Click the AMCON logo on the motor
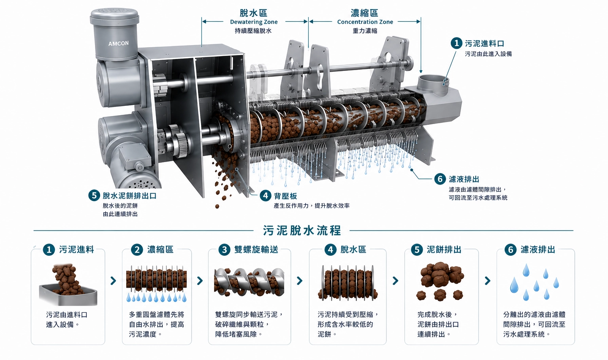[118, 44]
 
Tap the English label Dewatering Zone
[254, 22]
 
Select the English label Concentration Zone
[365, 22]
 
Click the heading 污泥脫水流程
[302, 230]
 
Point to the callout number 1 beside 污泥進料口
[456, 43]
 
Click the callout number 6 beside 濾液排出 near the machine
[440, 179]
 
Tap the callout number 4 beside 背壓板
[266, 196]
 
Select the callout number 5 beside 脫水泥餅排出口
[94, 196]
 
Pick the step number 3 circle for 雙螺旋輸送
[224, 250]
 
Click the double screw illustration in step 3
[249, 282]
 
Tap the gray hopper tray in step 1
[68, 295]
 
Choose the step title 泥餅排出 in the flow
[444, 250]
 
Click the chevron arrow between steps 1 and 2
[114, 281]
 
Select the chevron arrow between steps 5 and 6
[488, 281]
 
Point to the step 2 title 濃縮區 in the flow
[160, 250]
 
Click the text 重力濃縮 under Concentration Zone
[365, 30]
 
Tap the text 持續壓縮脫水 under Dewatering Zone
[253, 30]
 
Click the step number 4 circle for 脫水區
[331, 250]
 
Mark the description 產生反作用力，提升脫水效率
[312, 206]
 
